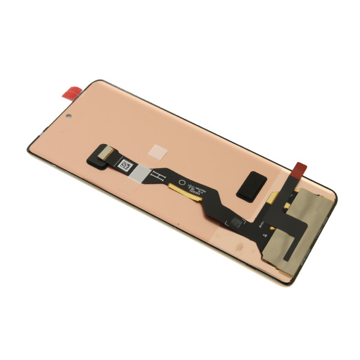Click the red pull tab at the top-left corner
[72, 93]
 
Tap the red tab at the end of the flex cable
[302, 170]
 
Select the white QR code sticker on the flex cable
[126, 164]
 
